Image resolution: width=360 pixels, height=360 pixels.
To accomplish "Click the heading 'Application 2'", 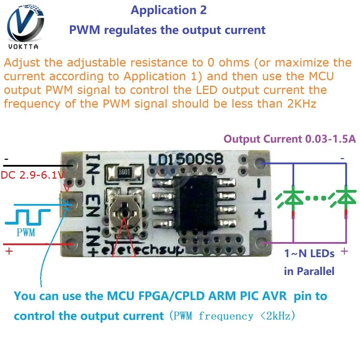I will tap(169, 10).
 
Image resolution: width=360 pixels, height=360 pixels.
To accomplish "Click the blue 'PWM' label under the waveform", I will tap(26, 232).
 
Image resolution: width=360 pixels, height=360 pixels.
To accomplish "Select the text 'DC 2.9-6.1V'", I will tap(33, 175).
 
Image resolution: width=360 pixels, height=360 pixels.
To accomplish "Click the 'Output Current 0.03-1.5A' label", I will tap(290, 139).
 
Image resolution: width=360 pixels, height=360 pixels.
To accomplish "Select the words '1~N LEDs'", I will tap(309, 254).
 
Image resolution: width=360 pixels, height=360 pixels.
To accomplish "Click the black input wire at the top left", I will tap(38, 166).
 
